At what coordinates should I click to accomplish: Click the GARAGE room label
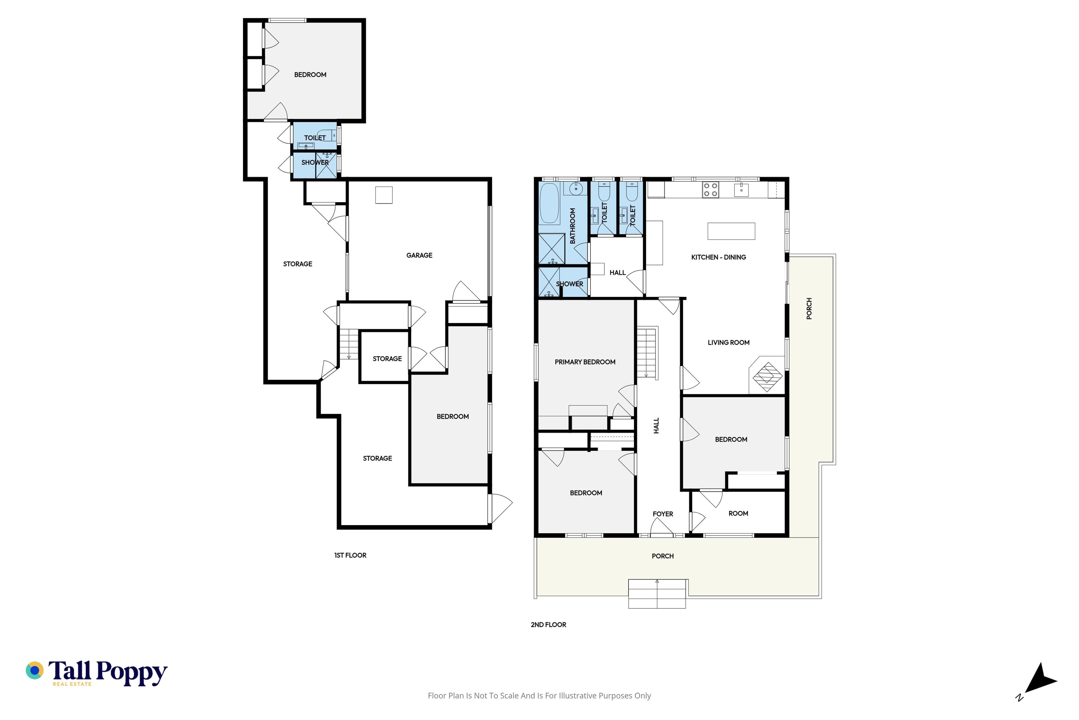click(419, 255)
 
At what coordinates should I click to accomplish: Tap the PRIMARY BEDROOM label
click(585, 362)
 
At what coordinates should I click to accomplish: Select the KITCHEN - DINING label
click(718, 257)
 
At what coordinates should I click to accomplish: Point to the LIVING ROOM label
click(729, 343)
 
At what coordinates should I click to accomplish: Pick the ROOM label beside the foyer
click(738, 513)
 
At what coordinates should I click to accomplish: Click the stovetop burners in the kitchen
click(711, 190)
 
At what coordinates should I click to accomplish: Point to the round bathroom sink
click(576, 188)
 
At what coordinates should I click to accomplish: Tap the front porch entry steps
click(657, 594)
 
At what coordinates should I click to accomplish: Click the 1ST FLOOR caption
click(350, 555)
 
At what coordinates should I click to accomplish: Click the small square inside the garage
click(384, 195)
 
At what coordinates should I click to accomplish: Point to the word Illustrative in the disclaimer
click(578, 696)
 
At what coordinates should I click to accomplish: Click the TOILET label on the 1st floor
click(315, 138)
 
